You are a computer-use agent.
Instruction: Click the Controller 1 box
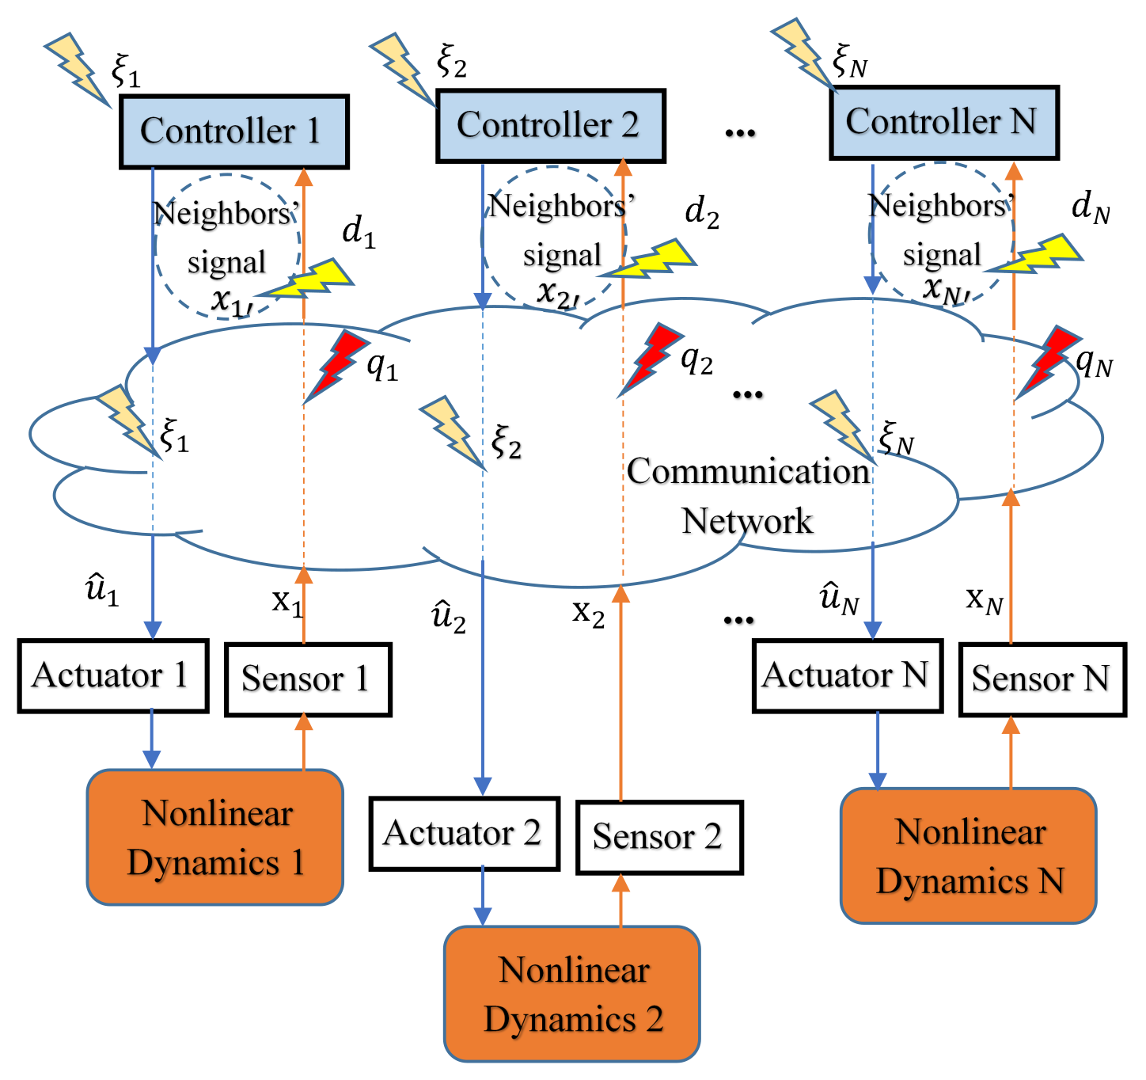click(x=234, y=132)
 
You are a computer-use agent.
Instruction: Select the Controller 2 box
click(x=551, y=126)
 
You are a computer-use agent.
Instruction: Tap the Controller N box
click(x=943, y=123)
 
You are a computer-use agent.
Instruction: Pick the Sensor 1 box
click(x=308, y=679)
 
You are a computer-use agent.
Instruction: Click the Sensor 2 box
click(x=658, y=837)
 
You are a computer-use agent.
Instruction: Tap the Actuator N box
click(x=847, y=676)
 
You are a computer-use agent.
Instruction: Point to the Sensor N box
click(x=1042, y=679)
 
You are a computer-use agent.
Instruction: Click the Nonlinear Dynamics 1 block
click(x=215, y=837)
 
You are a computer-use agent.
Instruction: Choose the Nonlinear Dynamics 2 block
click(x=571, y=994)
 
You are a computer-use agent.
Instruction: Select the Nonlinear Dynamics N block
click(x=969, y=855)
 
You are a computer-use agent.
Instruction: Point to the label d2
click(x=702, y=212)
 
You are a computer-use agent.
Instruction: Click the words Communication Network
click(x=748, y=496)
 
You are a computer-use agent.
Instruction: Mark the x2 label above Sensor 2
click(x=588, y=612)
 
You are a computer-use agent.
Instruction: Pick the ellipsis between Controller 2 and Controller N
click(x=740, y=132)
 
